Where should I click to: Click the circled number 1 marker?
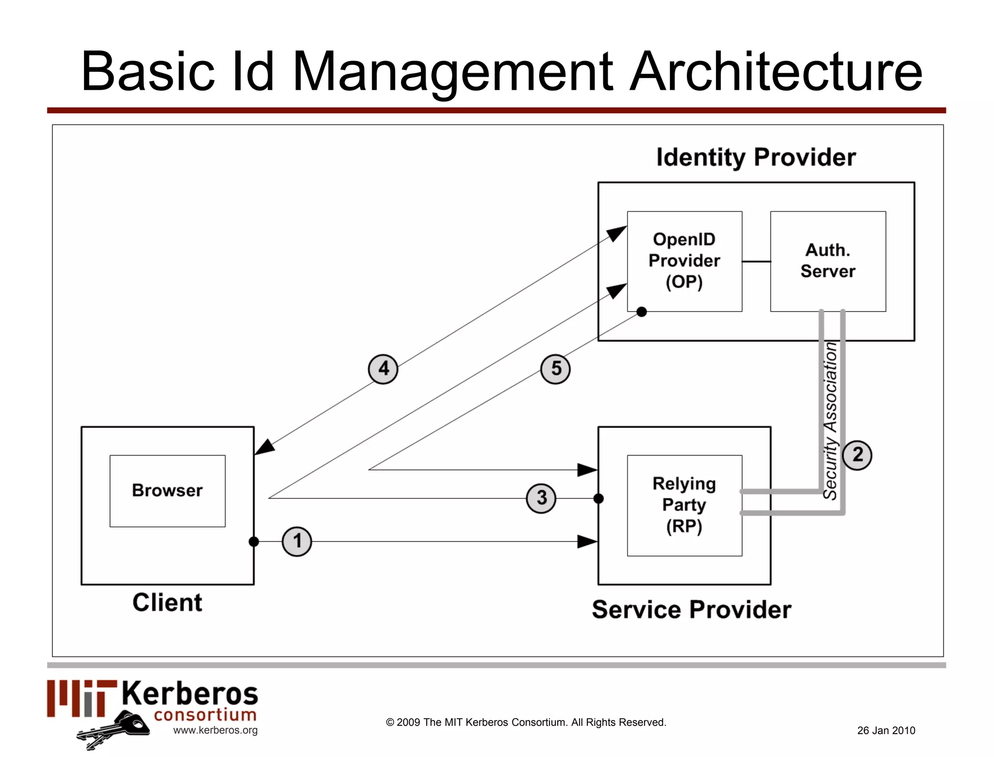[x=297, y=541]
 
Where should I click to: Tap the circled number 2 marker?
[x=857, y=455]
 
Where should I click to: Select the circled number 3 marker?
[x=541, y=498]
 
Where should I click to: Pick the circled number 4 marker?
[x=383, y=369]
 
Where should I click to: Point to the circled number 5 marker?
[x=555, y=369]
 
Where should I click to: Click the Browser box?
[x=167, y=491]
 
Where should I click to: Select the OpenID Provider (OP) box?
[x=684, y=261]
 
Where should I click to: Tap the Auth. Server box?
[x=828, y=261]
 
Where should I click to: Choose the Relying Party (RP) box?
[x=684, y=505]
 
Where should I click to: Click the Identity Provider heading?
[x=756, y=157]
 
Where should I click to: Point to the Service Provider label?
[x=691, y=609]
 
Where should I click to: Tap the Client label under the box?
[x=167, y=603]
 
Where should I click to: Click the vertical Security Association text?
[x=830, y=420]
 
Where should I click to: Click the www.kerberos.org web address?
[x=215, y=730]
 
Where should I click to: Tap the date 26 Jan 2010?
[x=886, y=730]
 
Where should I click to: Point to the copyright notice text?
[x=526, y=722]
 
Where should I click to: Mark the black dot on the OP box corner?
[x=642, y=312]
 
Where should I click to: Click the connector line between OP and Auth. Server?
[x=756, y=262]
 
